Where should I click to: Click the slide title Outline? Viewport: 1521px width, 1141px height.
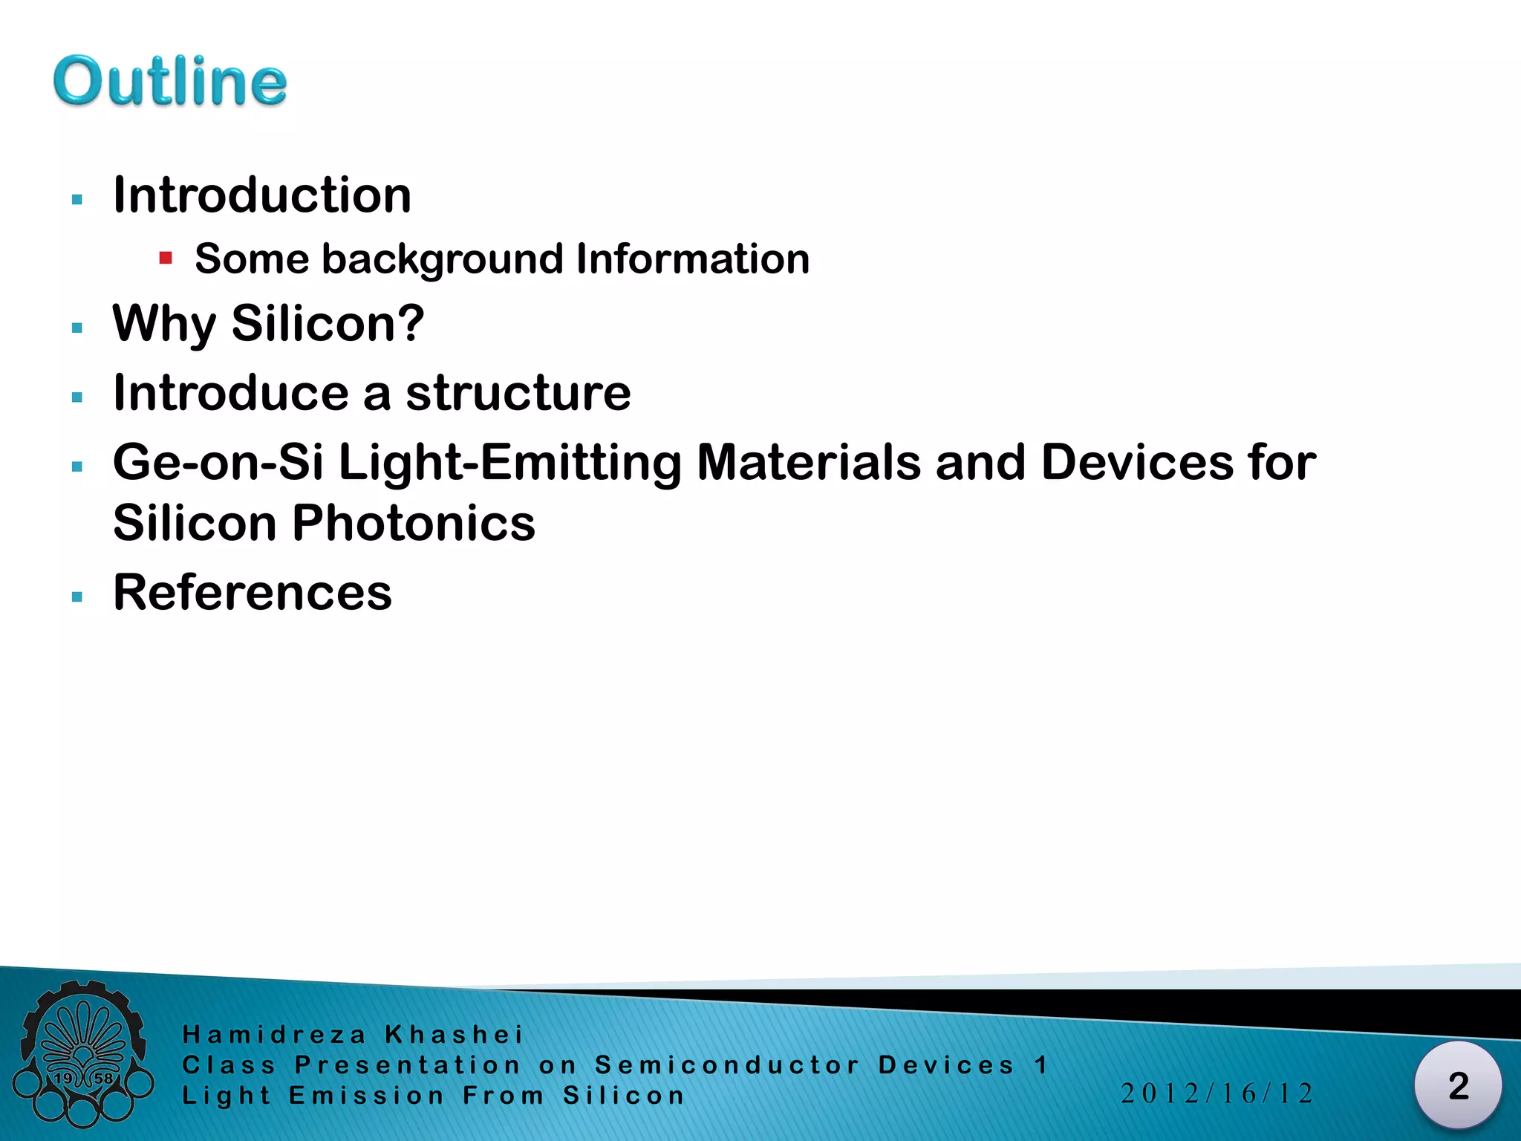coord(169,81)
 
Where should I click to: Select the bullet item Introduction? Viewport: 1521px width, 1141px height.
coord(261,195)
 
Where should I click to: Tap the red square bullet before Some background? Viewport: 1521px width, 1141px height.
coord(166,259)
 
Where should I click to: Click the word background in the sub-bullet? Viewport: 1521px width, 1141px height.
coord(443,259)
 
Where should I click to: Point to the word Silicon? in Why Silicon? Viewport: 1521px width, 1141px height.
coord(328,324)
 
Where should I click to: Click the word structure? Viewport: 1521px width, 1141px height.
coord(518,393)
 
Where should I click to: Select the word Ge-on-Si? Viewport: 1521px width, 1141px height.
coord(218,462)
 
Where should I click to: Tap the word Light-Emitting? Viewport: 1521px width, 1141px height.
coord(509,462)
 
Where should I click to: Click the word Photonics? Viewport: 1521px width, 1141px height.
coord(413,523)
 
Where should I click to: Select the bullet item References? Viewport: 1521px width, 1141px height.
coord(253,593)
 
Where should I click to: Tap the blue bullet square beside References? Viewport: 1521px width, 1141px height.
coord(77,596)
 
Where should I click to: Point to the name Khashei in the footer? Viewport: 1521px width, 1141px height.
coord(454,1035)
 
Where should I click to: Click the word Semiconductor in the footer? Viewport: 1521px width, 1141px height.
coord(727,1065)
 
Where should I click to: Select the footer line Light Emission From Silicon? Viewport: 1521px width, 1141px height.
coord(433,1096)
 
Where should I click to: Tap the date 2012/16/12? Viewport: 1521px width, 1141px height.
coord(1217,1093)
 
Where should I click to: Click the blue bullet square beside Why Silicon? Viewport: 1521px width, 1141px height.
coord(77,328)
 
